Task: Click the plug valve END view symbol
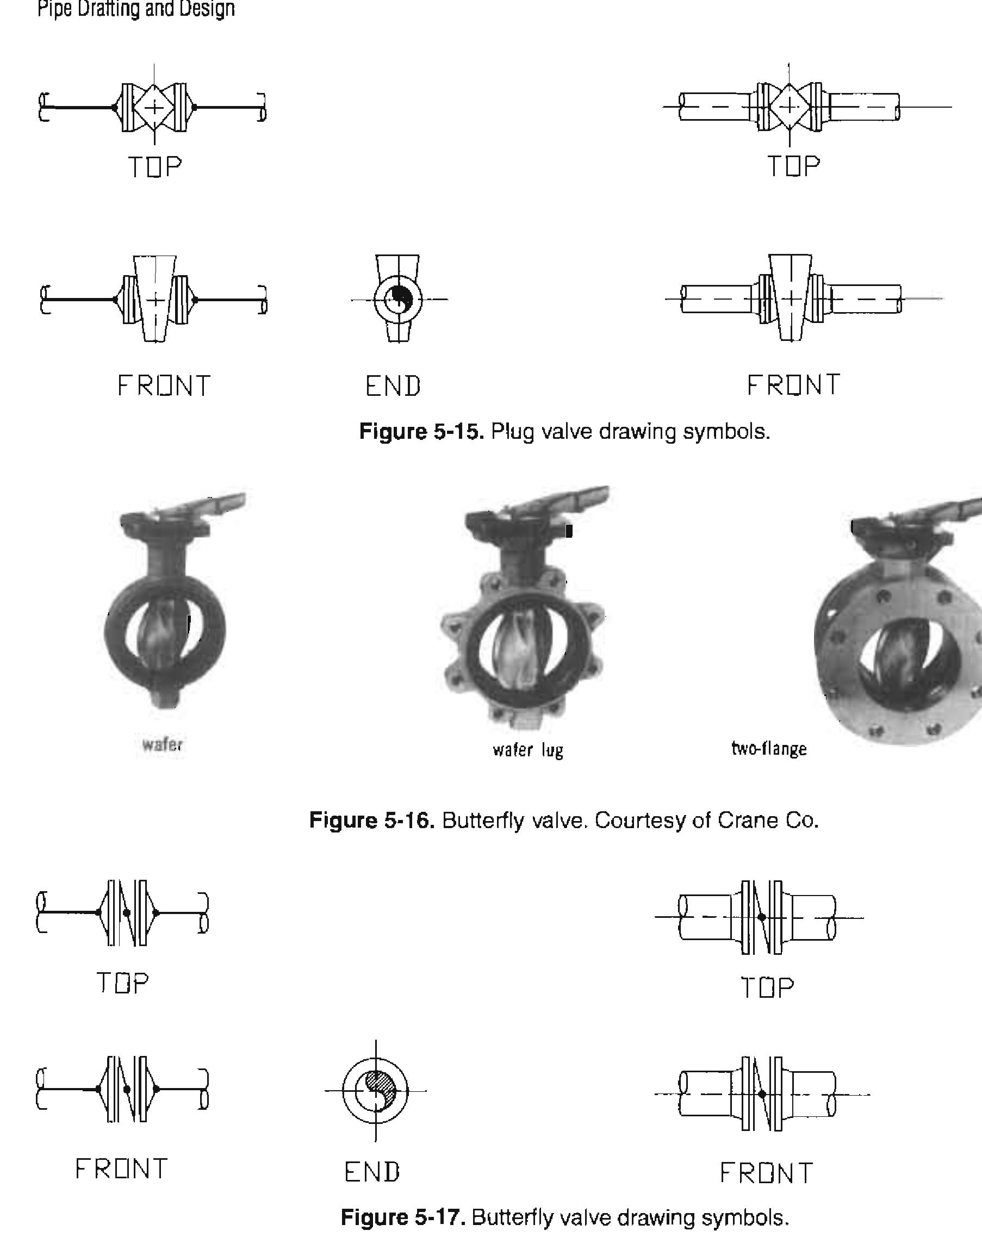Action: click(397, 299)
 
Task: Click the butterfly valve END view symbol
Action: click(375, 1090)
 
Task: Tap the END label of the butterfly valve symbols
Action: click(372, 1172)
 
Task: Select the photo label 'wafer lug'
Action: click(528, 750)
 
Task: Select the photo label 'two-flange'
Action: click(769, 749)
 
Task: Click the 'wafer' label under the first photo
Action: click(162, 744)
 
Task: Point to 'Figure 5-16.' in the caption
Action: click(371, 820)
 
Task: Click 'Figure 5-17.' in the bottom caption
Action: click(402, 1217)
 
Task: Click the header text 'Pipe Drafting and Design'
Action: click(136, 9)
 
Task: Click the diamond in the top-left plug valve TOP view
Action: click(154, 107)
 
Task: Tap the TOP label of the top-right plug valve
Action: click(793, 167)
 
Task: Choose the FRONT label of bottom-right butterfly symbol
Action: click(766, 1173)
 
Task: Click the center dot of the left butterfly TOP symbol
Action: click(127, 912)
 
